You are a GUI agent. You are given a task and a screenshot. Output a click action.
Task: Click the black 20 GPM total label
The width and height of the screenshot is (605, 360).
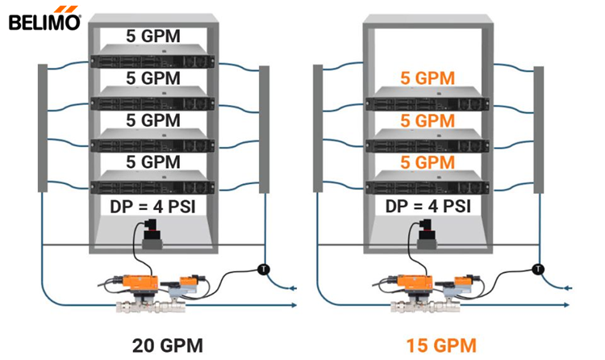pos(167,345)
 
